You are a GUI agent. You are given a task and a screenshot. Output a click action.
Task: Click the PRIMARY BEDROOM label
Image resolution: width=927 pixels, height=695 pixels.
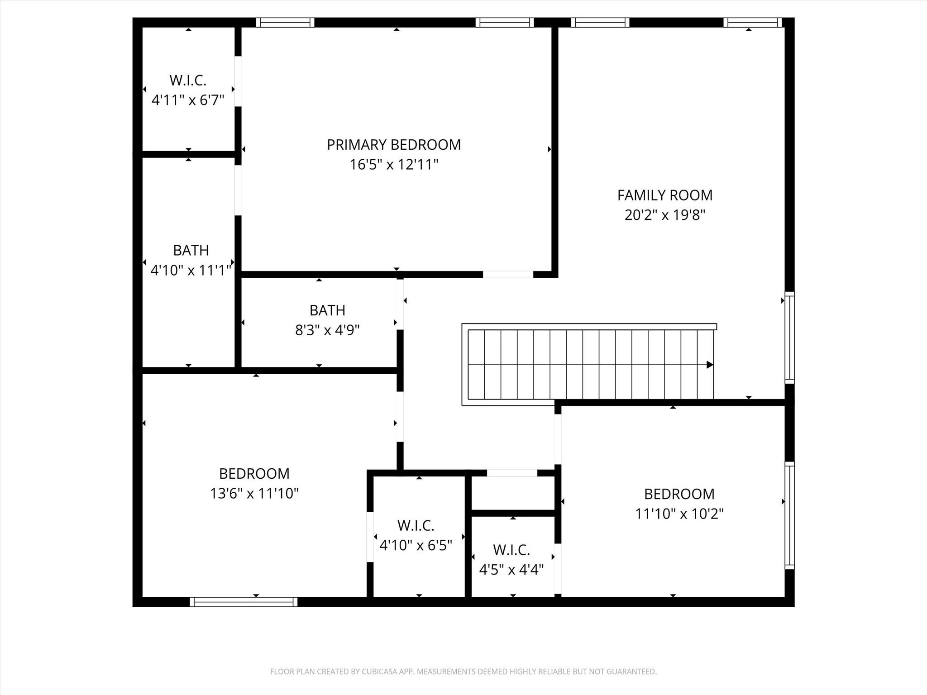(394, 145)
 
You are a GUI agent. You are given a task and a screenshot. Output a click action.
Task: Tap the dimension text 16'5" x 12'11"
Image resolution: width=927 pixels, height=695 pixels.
(394, 165)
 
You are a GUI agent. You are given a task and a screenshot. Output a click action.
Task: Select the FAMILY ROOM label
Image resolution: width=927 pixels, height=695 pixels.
(664, 195)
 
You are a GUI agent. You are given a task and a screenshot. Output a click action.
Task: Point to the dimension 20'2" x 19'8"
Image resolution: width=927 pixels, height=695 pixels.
(664, 215)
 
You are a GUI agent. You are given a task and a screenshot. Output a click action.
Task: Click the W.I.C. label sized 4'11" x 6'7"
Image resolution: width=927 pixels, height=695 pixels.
(188, 81)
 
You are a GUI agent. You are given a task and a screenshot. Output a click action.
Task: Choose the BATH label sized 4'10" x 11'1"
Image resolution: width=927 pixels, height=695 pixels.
(191, 250)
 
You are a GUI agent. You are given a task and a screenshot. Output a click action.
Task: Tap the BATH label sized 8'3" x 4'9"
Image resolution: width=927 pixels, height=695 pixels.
(327, 310)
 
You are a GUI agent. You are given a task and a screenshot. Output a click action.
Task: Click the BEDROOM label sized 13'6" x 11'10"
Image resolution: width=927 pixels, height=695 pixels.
(254, 474)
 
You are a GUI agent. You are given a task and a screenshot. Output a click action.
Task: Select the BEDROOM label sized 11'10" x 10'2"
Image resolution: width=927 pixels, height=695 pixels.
(679, 494)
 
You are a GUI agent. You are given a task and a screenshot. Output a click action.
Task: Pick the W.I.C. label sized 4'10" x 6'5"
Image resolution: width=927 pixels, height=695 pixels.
(416, 526)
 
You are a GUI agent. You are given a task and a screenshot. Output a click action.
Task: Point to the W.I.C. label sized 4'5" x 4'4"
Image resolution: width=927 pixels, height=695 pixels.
(511, 550)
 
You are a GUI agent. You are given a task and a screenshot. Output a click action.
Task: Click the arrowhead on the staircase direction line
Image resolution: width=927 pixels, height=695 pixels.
(710, 365)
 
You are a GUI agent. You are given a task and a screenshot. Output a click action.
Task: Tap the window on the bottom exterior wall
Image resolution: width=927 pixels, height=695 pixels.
(244, 602)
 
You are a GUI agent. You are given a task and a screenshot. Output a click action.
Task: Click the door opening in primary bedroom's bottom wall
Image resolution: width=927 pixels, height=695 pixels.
(508, 274)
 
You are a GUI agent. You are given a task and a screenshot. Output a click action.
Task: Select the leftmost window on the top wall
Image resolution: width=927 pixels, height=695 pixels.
(285, 23)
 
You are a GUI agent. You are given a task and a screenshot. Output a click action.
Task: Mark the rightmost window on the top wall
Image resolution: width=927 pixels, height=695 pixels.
(752, 23)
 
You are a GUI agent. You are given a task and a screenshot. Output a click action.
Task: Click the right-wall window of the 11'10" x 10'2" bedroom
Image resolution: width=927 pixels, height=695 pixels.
(789, 515)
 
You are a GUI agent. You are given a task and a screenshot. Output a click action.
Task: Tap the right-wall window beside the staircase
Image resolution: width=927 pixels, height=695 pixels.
(789, 338)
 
